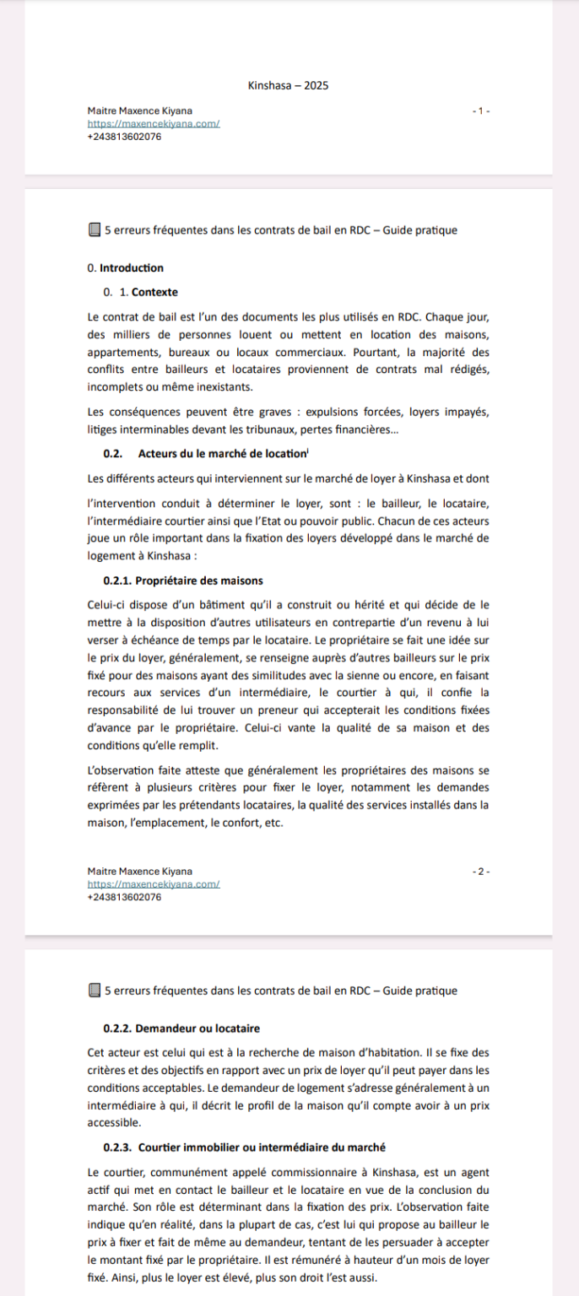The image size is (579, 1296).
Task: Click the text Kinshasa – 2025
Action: click(x=289, y=86)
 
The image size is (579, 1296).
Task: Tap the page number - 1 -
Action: click(x=481, y=111)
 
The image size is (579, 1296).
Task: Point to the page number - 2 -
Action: click(x=481, y=872)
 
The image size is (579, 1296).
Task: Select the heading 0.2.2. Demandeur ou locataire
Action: click(x=181, y=1029)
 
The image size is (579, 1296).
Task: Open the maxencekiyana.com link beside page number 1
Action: click(x=154, y=123)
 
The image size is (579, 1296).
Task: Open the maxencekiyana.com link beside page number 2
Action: click(x=154, y=884)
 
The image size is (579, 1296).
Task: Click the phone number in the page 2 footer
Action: click(x=124, y=897)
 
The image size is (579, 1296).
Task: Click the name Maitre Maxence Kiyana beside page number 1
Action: click(x=139, y=111)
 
